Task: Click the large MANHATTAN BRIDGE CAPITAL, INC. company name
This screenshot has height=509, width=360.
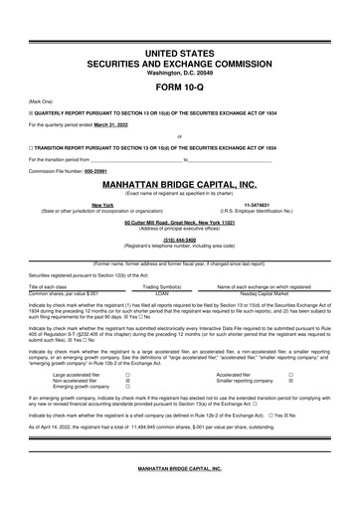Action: coord(179,185)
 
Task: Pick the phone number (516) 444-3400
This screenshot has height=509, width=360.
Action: coord(179,239)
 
